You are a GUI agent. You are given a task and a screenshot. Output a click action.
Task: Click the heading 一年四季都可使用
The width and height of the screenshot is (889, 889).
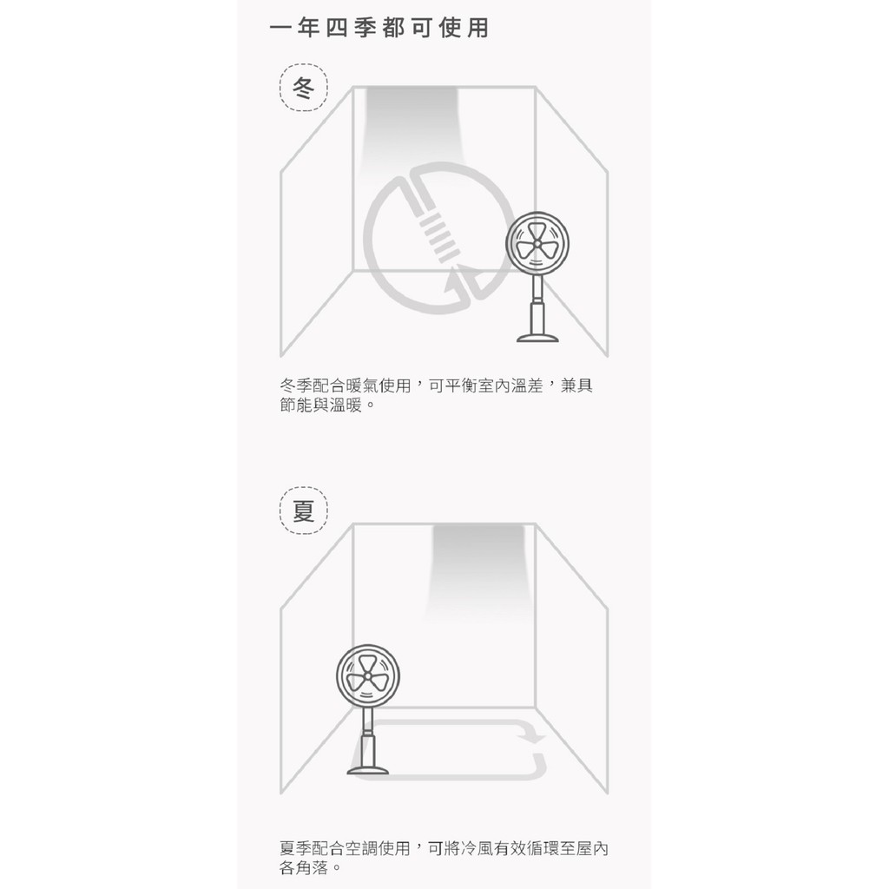pyautogui.click(x=379, y=28)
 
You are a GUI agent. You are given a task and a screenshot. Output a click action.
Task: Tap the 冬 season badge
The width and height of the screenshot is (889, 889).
pyautogui.click(x=303, y=88)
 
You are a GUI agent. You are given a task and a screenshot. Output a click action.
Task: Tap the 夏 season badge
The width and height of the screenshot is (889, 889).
pyautogui.click(x=303, y=510)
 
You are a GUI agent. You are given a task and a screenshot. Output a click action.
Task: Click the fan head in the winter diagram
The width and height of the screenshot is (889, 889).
pyautogui.click(x=537, y=244)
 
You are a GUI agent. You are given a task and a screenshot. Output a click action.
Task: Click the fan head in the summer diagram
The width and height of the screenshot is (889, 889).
pyautogui.click(x=368, y=675)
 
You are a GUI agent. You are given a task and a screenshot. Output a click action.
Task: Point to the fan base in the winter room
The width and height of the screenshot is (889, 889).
pyautogui.click(x=537, y=338)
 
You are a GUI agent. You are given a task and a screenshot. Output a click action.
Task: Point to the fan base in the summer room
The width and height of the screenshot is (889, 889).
pyautogui.click(x=368, y=769)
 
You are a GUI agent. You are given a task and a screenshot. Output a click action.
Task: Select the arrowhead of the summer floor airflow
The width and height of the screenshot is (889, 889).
pyautogui.click(x=533, y=736)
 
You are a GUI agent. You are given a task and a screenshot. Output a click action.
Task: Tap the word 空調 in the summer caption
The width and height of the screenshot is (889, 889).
pyautogui.click(x=362, y=848)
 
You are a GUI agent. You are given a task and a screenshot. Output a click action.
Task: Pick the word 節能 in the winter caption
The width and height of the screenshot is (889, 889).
pyautogui.click(x=296, y=405)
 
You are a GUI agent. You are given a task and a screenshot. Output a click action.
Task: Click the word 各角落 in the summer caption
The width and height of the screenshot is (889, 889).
pyautogui.click(x=304, y=867)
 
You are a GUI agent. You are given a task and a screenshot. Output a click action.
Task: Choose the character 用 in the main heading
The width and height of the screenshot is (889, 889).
pyautogui.click(x=478, y=28)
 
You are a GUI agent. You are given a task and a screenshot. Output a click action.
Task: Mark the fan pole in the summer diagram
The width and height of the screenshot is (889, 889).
pyautogui.click(x=368, y=736)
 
